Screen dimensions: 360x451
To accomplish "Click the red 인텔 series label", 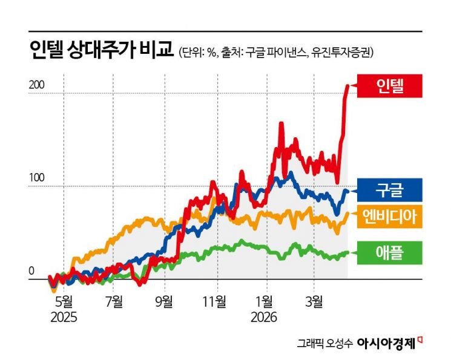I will (x=389, y=86).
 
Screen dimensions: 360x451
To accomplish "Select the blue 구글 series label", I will (x=389, y=190).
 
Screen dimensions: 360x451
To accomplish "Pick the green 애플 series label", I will (x=389, y=253).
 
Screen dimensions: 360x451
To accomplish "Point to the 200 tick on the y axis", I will (x=37, y=86).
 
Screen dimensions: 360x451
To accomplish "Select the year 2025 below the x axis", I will (x=64, y=316).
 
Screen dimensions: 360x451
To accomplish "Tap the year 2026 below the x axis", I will (x=265, y=316).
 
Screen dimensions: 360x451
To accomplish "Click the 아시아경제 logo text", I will (x=387, y=343).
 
